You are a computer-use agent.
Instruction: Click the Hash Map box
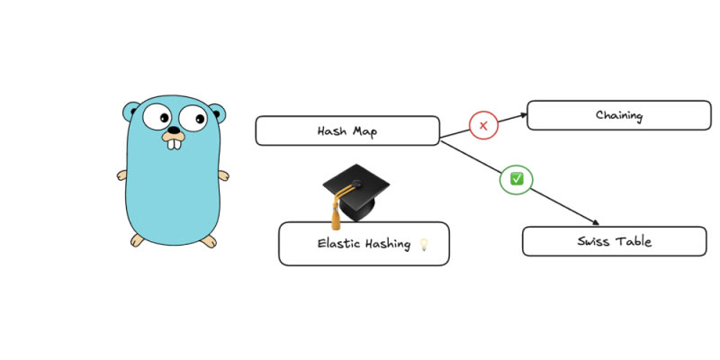click(x=347, y=130)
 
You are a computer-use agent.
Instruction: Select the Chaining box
click(x=618, y=115)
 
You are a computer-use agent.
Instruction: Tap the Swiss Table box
click(x=614, y=241)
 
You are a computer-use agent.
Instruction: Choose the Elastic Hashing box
click(x=363, y=244)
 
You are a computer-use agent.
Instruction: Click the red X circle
click(x=483, y=126)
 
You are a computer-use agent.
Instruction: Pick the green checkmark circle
click(x=517, y=178)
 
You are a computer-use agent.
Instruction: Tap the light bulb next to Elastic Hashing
click(x=424, y=244)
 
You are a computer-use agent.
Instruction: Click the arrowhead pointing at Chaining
click(x=522, y=115)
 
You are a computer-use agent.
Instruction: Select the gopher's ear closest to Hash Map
click(x=217, y=113)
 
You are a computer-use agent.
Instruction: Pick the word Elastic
click(x=337, y=244)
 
